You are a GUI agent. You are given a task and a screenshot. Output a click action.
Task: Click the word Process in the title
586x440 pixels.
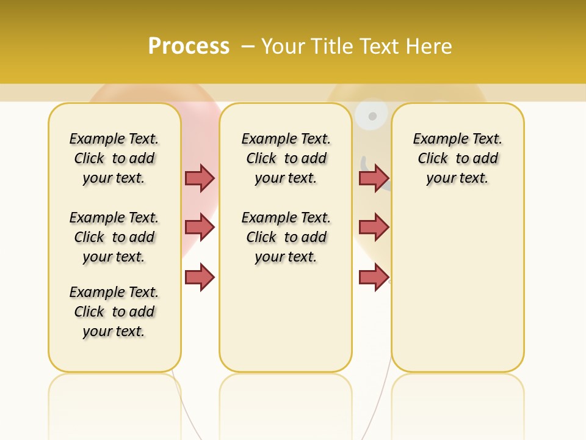pyautogui.click(x=189, y=46)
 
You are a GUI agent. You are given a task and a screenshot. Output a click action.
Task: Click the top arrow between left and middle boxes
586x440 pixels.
pyautogui.click(x=200, y=178)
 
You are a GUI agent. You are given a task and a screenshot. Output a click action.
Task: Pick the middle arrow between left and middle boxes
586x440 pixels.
pyautogui.click(x=200, y=227)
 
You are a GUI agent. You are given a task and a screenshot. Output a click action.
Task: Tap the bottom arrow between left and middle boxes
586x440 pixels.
pyautogui.click(x=200, y=277)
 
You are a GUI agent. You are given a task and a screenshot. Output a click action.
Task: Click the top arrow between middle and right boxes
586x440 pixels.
pyautogui.click(x=374, y=178)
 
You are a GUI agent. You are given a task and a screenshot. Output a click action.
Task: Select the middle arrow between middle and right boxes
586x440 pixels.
pyautogui.click(x=374, y=227)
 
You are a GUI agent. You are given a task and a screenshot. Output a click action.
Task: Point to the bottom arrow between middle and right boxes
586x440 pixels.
pyautogui.click(x=374, y=277)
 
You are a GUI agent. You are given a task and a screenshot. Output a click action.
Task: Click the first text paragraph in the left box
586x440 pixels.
pyautogui.click(x=114, y=158)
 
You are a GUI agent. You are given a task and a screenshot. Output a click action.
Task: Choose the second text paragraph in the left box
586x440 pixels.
pyautogui.click(x=114, y=237)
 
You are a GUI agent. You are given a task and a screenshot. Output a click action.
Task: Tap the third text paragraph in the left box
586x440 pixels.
pyautogui.click(x=114, y=312)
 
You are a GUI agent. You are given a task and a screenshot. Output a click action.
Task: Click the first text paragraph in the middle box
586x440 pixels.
pyautogui.click(x=286, y=158)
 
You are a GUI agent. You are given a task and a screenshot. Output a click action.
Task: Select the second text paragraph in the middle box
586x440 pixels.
pyautogui.click(x=286, y=237)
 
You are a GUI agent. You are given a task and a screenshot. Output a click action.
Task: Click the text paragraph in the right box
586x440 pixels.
pyautogui.click(x=458, y=158)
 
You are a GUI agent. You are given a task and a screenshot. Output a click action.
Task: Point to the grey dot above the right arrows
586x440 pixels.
pyautogui.click(x=372, y=116)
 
